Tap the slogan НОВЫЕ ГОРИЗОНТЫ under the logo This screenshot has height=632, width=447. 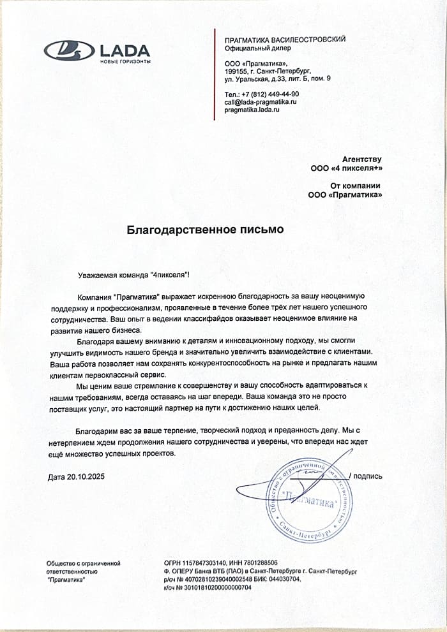(125, 62)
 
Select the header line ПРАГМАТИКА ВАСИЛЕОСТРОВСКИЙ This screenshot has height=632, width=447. (285, 40)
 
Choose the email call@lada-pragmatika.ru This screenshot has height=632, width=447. (261, 102)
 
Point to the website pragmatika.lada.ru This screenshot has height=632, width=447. (252, 110)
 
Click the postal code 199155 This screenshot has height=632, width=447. (236, 71)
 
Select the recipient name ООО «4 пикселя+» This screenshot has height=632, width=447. (345, 169)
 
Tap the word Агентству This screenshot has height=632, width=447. (361, 159)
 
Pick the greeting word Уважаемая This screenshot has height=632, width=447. (96, 274)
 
